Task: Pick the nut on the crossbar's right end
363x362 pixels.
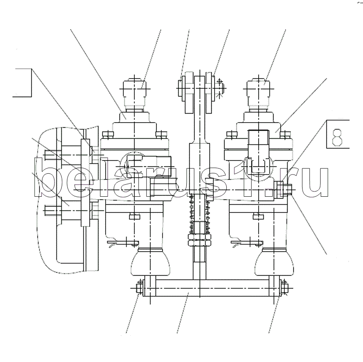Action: coord(284,288)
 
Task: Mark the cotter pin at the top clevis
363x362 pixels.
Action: coord(220,87)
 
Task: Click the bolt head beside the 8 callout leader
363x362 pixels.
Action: coord(287,189)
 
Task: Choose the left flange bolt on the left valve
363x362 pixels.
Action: coord(107,134)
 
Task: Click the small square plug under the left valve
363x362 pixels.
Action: coord(134,216)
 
